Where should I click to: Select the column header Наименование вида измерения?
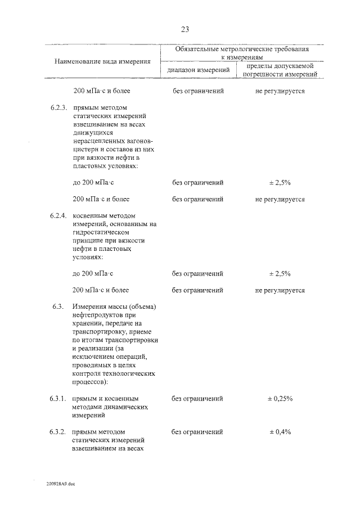102,61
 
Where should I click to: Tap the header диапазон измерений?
198,70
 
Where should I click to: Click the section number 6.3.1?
58,398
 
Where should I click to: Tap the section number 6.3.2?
58,432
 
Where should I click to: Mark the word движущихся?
93,133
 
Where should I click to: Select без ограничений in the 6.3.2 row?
197,432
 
